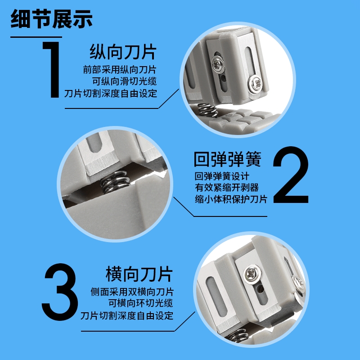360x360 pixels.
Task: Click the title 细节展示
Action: tap(51, 19)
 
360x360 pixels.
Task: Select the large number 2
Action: tap(291, 175)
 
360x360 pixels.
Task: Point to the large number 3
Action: tap(60, 292)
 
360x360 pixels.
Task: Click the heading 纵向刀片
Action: tap(123, 52)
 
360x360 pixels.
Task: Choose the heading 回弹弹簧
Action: tap(228, 159)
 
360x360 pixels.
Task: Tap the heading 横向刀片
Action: tap(139, 274)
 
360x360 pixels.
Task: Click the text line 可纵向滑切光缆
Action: tap(125, 81)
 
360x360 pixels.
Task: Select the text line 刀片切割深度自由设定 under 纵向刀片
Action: tap(111, 94)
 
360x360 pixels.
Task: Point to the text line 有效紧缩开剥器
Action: tap(227, 188)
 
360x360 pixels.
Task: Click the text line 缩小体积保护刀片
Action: tap(231, 199)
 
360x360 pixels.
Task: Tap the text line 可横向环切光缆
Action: tap(141, 303)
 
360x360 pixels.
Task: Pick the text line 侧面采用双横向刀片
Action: tap(132, 292)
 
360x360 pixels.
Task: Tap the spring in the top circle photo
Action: tap(207, 109)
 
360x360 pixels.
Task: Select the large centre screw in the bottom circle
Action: tap(253, 274)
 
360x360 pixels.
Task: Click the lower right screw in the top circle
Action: tap(255, 83)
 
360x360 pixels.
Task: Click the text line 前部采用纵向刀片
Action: tap(120, 70)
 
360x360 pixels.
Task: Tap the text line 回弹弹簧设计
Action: tap(222, 176)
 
